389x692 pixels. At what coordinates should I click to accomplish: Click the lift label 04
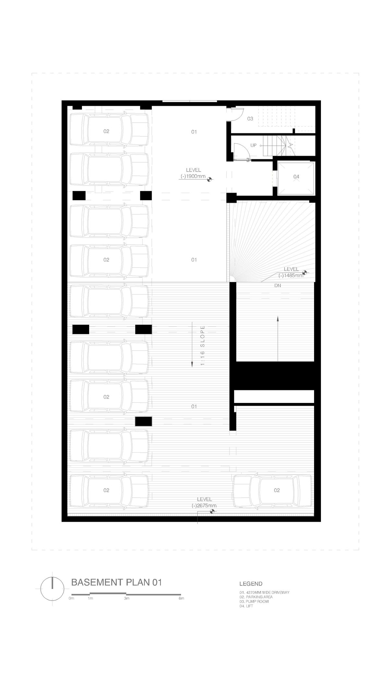point(296,177)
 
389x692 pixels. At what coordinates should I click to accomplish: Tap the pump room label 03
point(250,119)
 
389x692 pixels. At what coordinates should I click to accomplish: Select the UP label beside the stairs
point(253,145)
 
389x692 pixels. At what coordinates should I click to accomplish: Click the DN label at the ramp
point(277,286)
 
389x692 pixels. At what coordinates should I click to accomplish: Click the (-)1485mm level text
point(291,275)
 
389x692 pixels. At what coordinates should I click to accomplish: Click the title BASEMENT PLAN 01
point(116,582)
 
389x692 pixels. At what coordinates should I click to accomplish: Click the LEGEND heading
point(251,584)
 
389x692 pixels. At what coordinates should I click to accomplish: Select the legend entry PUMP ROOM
point(254,601)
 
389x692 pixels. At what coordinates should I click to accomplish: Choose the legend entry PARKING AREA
point(256,597)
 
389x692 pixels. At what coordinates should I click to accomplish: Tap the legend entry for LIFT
point(246,606)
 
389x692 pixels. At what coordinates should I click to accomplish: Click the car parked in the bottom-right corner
point(273,490)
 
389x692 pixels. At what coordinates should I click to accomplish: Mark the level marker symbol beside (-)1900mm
point(210,178)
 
